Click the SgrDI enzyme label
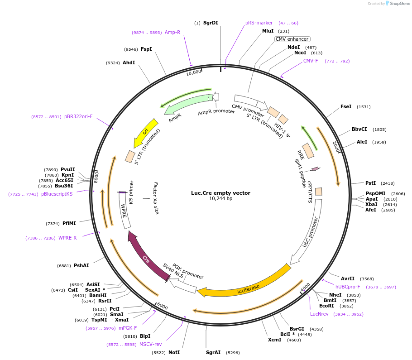coord(211,23)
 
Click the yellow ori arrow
coord(145,132)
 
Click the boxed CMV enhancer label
coord(292,39)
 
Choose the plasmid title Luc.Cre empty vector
coord(220,193)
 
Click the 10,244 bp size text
coord(220,199)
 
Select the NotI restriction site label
coord(174,352)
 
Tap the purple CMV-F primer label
coord(311,61)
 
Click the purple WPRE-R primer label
coord(67,238)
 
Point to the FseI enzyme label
coord(346,107)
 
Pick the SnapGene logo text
coord(400,4)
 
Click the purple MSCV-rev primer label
coord(150,344)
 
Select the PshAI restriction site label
coord(81,266)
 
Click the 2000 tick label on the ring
coord(336,146)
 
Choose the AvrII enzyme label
coord(348,278)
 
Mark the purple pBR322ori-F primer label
coord(78,116)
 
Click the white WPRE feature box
coord(125,211)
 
